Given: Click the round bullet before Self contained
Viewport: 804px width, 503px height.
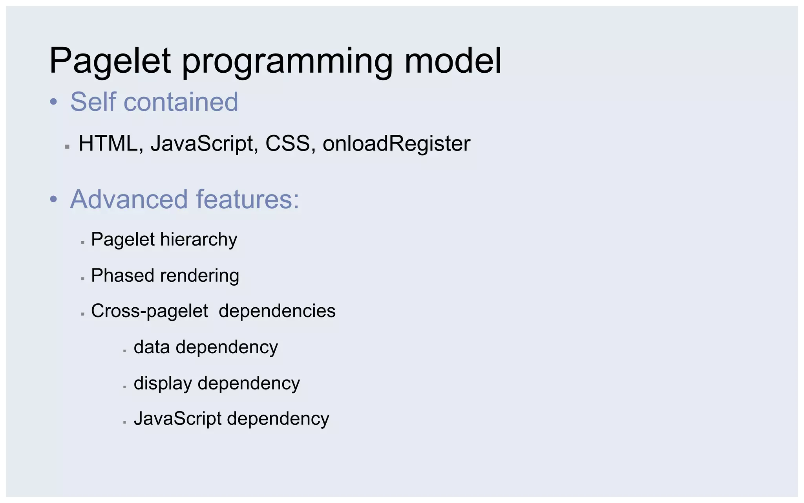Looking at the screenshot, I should [x=54, y=102].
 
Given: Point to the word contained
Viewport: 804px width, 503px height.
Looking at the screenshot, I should [x=181, y=102].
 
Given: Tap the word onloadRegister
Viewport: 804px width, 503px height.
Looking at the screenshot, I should [x=396, y=143].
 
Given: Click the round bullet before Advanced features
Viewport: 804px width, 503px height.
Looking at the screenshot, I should [x=54, y=200].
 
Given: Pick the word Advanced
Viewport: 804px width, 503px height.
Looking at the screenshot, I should [x=129, y=199].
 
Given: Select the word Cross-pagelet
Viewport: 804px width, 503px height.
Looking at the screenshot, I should [x=149, y=311].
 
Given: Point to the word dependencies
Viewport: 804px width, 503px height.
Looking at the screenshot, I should [x=277, y=311].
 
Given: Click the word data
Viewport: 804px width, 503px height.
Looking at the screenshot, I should [x=152, y=347].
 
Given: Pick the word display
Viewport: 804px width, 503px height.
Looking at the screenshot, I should [x=163, y=383].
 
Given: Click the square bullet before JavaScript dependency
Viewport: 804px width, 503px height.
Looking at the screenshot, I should [x=124, y=422].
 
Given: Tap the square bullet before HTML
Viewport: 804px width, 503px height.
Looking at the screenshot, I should [x=67, y=147].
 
